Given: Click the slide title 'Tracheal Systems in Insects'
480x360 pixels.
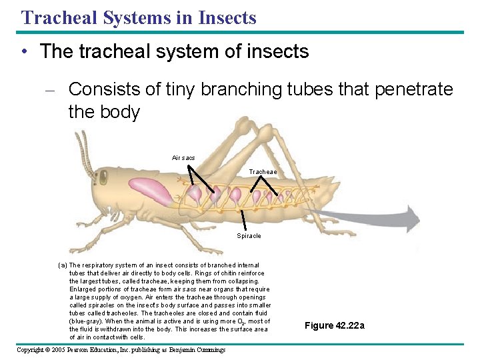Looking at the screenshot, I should [x=139, y=17].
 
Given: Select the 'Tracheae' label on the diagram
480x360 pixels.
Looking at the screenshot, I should [x=263, y=172].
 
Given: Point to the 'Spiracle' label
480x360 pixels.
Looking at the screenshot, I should [x=249, y=236].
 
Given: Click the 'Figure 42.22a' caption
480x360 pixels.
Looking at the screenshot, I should [x=335, y=325].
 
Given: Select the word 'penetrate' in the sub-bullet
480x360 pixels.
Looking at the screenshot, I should [x=414, y=89].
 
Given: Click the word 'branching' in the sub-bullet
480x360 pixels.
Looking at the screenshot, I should [x=230, y=90].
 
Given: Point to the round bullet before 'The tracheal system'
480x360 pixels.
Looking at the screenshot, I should [x=24, y=52].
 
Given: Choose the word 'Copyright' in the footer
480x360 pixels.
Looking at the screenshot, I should [x=30, y=350].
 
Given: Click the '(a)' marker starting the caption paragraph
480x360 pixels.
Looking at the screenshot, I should [x=63, y=265].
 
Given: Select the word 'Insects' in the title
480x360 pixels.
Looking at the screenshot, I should [x=229, y=17].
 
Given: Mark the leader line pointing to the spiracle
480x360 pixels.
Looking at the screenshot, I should [x=243, y=219].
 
